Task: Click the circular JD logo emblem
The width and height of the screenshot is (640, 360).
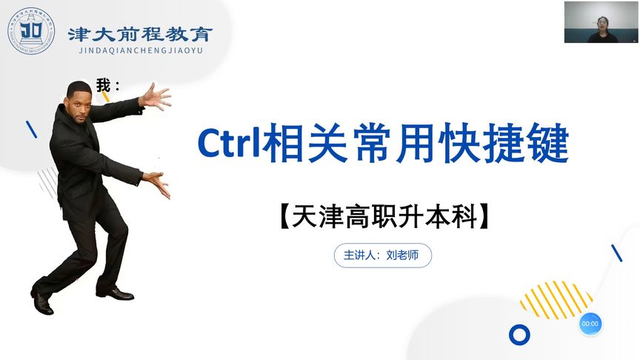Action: (31, 31)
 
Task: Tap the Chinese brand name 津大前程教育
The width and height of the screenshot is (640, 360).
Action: (140, 33)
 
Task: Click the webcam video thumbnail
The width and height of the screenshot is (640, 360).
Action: (600, 22)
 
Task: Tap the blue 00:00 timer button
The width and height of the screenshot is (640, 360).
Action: (590, 324)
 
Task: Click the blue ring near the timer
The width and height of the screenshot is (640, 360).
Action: (519, 335)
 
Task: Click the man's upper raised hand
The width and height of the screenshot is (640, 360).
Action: (155, 97)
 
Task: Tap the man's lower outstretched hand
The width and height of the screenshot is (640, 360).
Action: (157, 182)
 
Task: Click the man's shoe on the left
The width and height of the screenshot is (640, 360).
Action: (42, 301)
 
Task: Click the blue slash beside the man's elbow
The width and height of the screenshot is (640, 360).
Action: (32, 130)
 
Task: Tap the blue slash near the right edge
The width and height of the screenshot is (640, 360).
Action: (616, 253)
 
